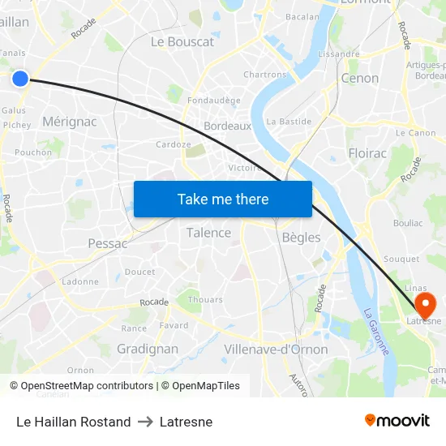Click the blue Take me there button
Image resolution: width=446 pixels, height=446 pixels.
click(x=223, y=199)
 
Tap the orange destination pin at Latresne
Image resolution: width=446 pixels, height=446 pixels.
click(x=425, y=304)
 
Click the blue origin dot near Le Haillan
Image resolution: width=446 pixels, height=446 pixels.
click(x=20, y=78)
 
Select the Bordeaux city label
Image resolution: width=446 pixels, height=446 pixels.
click(x=227, y=127)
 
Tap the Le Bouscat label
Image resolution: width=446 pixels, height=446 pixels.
click(x=182, y=41)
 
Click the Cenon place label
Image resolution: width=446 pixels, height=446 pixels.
click(x=360, y=79)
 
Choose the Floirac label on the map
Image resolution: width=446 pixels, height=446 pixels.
click(x=367, y=152)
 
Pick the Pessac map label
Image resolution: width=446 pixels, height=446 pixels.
click(x=108, y=243)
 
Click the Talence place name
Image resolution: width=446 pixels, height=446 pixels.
click(x=208, y=233)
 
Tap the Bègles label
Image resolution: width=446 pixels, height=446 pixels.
click(x=301, y=238)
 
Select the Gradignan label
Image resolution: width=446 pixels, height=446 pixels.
click(x=148, y=349)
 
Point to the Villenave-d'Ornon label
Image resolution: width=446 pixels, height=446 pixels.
click(x=276, y=350)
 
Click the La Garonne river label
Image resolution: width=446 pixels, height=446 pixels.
click(x=376, y=330)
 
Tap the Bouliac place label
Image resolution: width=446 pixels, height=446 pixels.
click(x=408, y=222)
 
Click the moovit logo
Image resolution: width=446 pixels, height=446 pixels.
click(x=397, y=420)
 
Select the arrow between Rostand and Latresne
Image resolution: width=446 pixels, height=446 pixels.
click(x=145, y=422)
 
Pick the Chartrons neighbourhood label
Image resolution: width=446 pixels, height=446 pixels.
click(x=265, y=75)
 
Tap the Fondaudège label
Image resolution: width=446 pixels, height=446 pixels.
click(x=213, y=101)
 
